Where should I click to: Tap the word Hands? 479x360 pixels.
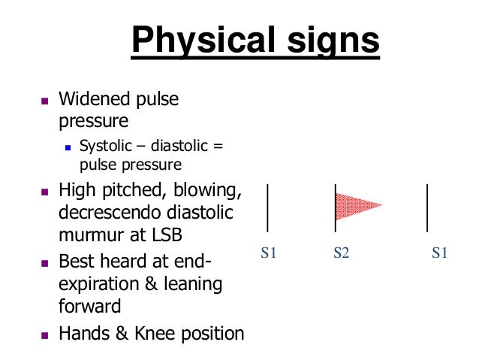(83, 333)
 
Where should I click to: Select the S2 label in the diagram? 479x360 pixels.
(342, 253)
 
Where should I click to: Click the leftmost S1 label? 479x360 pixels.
(269, 253)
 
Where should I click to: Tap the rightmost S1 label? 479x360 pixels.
(440, 253)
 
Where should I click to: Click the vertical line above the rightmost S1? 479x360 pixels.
(428, 207)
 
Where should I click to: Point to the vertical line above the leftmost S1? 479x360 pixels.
(268, 207)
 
